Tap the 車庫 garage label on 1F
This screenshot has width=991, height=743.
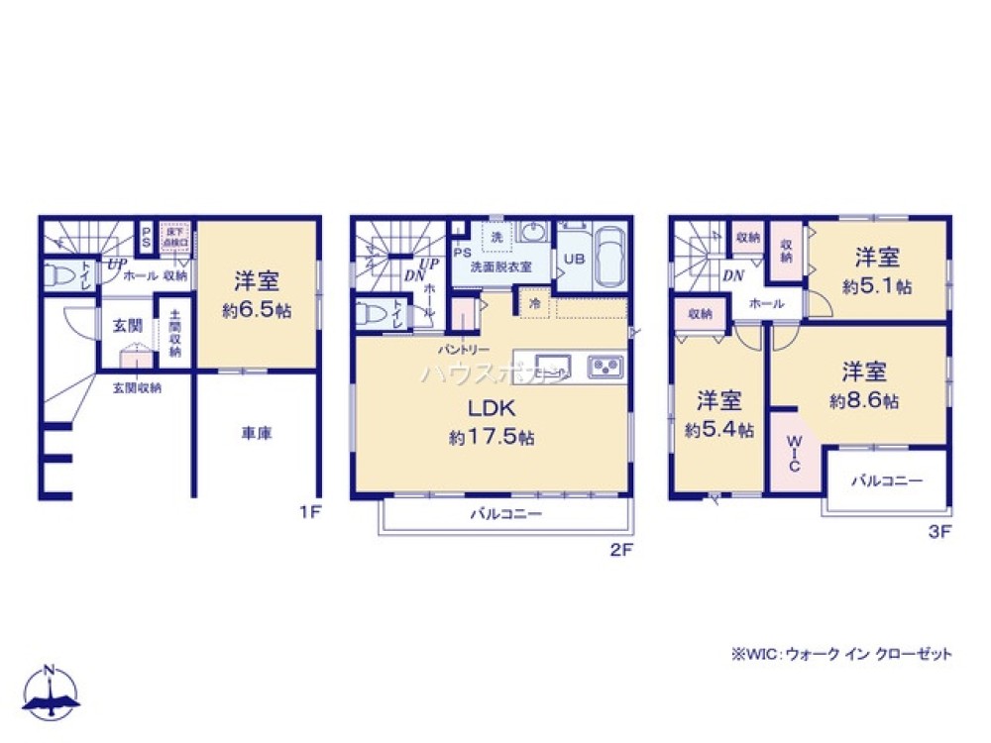(x=257, y=433)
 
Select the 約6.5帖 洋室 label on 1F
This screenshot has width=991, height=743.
(x=257, y=294)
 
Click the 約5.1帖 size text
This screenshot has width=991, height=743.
(x=877, y=286)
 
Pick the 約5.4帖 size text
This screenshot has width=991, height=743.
(x=718, y=431)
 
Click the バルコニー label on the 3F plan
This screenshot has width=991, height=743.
(x=887, y=480)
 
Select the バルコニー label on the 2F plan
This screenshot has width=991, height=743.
(x=505, y=515)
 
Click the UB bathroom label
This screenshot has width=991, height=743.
(x=574, y=260)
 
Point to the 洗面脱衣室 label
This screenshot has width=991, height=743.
(x=501, y=266)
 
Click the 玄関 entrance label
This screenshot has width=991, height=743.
(x=126, y=323)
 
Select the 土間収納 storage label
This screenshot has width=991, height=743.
(x=174, y=332)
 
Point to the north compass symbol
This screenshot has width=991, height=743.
(x=52, y=693)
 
